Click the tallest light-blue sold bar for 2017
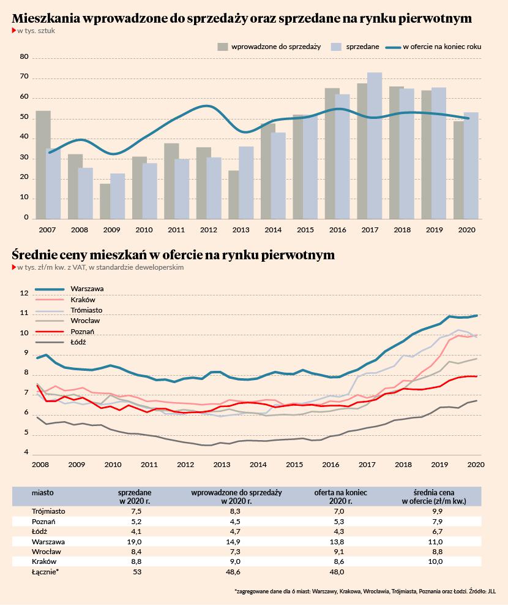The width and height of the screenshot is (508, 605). coord(375,146)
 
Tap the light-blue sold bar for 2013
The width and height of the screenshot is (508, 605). coord(246,183)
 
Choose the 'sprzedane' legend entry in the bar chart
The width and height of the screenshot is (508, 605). coord(356,47)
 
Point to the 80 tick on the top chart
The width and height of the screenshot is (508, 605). coord(24,57)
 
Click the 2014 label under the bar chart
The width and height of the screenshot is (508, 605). coord(273,230)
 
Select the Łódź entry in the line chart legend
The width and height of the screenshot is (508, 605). coord(61,342)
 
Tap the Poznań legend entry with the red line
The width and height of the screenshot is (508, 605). coord(65,332)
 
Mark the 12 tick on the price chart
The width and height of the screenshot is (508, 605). coord(24,293)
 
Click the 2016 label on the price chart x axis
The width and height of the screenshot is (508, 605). coord(331,465)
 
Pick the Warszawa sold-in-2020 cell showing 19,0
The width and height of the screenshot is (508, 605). coord(134,542)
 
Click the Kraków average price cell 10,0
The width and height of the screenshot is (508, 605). coord(435,561)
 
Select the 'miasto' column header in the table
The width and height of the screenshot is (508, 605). coord(43,493)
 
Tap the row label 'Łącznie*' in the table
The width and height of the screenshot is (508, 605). coord(45,572)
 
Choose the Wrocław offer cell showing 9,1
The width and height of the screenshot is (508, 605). coord(340,552)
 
